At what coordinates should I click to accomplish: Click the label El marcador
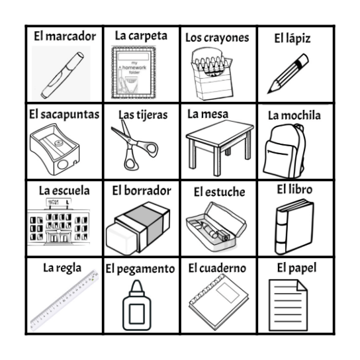(x=65, y=36)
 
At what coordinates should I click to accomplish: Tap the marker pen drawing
(x=62, y=73)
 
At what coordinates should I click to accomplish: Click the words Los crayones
(x=217, y=38)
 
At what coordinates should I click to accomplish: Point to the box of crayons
(x=214, y=74)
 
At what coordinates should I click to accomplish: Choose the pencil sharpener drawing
(x=62, y=150)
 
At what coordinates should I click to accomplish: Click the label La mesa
(x=207, y=114)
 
